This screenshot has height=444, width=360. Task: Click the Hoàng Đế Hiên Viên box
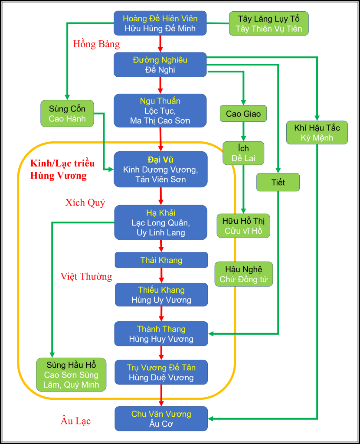click(160, 23)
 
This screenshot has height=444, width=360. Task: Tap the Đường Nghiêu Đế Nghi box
click(160, 65)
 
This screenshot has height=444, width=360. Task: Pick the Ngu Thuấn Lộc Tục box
click(160, 111)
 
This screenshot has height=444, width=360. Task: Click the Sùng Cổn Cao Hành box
click(67, 114)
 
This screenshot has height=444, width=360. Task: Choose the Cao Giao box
click(243, 114)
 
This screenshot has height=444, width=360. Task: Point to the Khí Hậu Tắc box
click(317, 132)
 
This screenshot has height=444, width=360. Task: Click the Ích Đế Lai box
click(243, 153)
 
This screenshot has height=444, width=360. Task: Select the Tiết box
click(278, 182)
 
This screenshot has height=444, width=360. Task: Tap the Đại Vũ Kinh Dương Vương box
click(160, 169)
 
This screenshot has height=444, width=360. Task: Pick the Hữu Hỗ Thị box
click(243, 225)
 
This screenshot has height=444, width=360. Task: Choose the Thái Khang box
click(161, 260)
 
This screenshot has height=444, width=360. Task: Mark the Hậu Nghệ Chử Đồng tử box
click(244, 274)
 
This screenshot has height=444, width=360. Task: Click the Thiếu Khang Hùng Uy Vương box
click(161, 295)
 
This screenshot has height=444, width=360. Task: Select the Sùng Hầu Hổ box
click(71, 374)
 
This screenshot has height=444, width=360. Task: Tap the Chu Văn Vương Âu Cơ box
click(161, 419)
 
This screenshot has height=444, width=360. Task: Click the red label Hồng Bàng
click(96, 44)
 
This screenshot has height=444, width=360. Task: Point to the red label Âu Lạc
click(75, 421)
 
